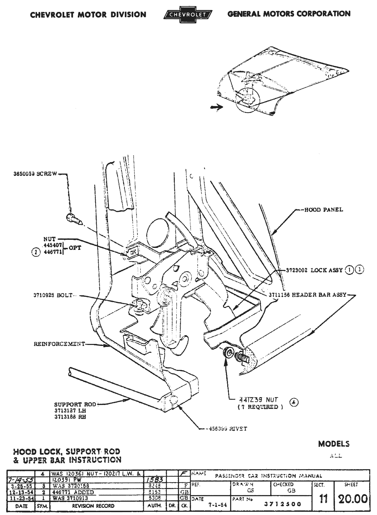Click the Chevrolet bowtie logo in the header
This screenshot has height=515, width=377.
[x=188, y=15]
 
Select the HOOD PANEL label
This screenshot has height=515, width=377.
[x=324, y=210]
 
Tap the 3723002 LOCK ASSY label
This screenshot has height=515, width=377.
[x=314, y=270]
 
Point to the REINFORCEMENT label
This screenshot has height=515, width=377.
[x=59, y=344]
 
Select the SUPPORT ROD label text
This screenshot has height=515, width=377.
[x=75, y=404]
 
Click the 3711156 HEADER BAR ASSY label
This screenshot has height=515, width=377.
[x=307, y=295]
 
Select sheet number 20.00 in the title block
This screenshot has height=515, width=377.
[x=353, y=498]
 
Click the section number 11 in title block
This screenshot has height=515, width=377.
[x=323, y=498]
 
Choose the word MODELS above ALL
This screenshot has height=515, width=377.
[x=334, y=444]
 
